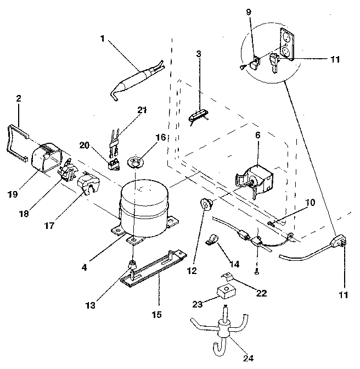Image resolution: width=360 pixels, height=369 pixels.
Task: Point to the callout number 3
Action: [x=199, y=54]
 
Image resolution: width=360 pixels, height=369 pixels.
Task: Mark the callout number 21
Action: [x=143, y=110]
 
